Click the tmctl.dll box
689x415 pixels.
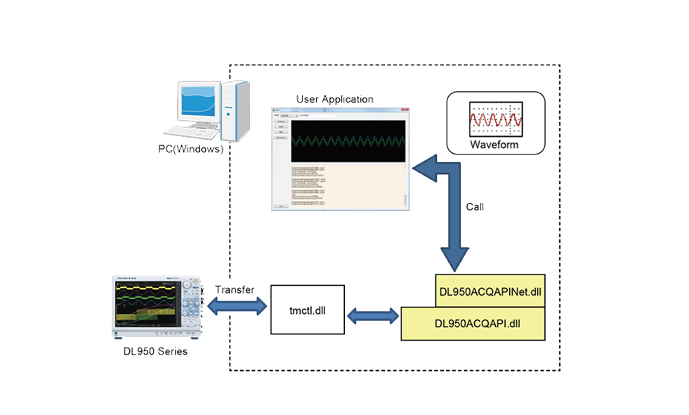(308, 310)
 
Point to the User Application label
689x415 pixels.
(334, 99)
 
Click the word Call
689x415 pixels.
(475, 207)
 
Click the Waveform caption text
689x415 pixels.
(494, 145)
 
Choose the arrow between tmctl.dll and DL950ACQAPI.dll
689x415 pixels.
(372, 316)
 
